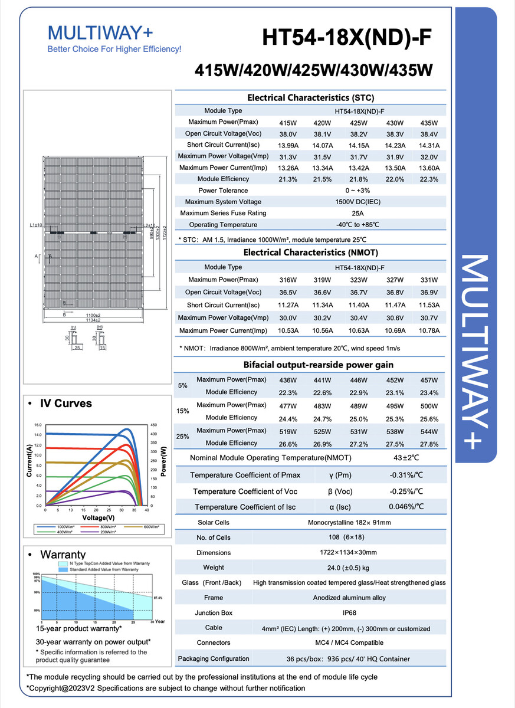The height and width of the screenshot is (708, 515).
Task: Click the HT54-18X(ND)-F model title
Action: click(347, 38)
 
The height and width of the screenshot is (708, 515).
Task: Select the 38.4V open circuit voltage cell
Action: click(429, 134)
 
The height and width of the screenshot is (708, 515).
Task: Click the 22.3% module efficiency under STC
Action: click(429, 179)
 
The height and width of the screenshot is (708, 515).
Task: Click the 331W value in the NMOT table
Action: click(429, 280)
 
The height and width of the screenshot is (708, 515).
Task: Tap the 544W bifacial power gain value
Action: click(429, 431)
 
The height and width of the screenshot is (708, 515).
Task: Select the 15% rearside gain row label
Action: click(183, 411)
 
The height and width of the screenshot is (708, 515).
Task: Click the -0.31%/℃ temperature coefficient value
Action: click(406, 476)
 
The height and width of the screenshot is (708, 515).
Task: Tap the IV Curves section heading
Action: click(65, 404)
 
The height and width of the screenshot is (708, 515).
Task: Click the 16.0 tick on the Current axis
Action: click(37, 425)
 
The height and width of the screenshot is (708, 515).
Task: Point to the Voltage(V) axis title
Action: click(94, 517)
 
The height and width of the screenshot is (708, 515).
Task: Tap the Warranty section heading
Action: click(63, 555)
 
